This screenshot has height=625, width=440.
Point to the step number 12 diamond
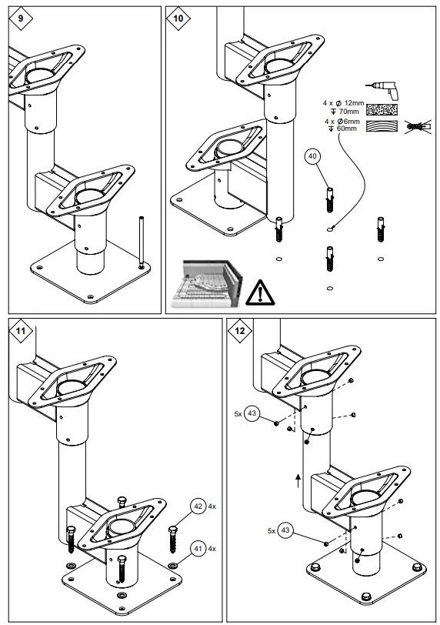point(241,332)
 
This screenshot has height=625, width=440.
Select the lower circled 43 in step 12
point(286,530)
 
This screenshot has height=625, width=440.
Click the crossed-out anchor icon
point(416,125)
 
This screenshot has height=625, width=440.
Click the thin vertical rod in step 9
point(141,242)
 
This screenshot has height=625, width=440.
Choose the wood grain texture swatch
point(382,127)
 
